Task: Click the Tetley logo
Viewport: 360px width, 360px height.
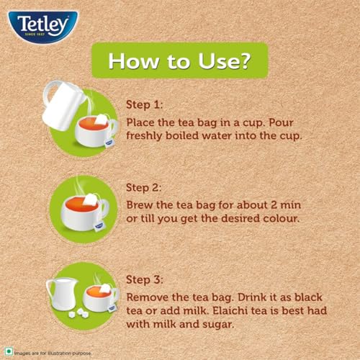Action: [43, 27]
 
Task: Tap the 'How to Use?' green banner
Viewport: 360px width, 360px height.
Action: [180, 60]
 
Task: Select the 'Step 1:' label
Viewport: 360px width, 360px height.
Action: [145, 105]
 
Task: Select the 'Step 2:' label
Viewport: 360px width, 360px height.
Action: [144, 188]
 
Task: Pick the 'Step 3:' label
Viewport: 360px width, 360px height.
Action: [145, 280]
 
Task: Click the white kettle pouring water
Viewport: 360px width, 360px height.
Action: [63, 106]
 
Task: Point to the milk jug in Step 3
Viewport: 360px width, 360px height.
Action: [62, 294]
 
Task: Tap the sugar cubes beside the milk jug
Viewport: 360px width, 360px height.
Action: [78, 313]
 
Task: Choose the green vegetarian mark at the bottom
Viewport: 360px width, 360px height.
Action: [9, 352]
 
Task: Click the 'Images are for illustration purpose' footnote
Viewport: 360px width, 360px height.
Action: [53, 354]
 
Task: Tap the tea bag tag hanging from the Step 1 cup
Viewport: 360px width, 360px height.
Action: [108, 143]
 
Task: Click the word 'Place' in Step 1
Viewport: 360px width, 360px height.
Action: [140, 122]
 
